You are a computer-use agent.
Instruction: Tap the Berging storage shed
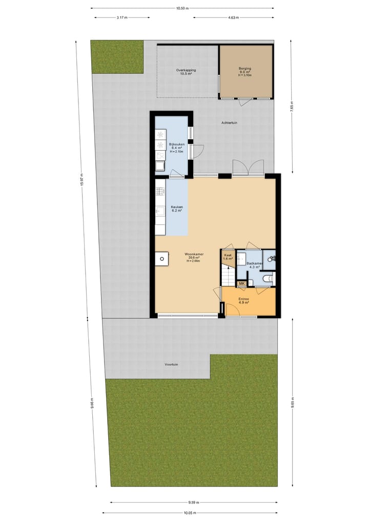(245, 71)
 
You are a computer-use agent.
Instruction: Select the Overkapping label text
(186, 70)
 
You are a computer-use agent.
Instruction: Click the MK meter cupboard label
(241, 283)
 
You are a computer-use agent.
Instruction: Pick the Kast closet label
(228, 255)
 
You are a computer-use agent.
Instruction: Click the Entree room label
(243, 299)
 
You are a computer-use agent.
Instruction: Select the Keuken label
(176, 207)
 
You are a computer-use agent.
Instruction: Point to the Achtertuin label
(229, 122)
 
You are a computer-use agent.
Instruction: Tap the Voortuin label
(171, 364)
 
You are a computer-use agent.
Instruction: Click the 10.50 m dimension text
(182, 8)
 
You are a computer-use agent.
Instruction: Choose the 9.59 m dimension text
(193, 503)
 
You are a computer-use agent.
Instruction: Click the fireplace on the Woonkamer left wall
(161, 259)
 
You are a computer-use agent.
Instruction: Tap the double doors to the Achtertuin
(248, 168)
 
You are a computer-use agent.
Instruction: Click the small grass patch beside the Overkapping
(117, 56)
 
